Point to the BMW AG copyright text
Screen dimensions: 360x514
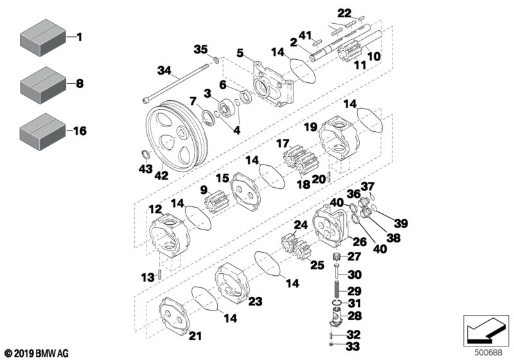[x=36, y=353]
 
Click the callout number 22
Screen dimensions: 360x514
[x=344, y=14]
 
